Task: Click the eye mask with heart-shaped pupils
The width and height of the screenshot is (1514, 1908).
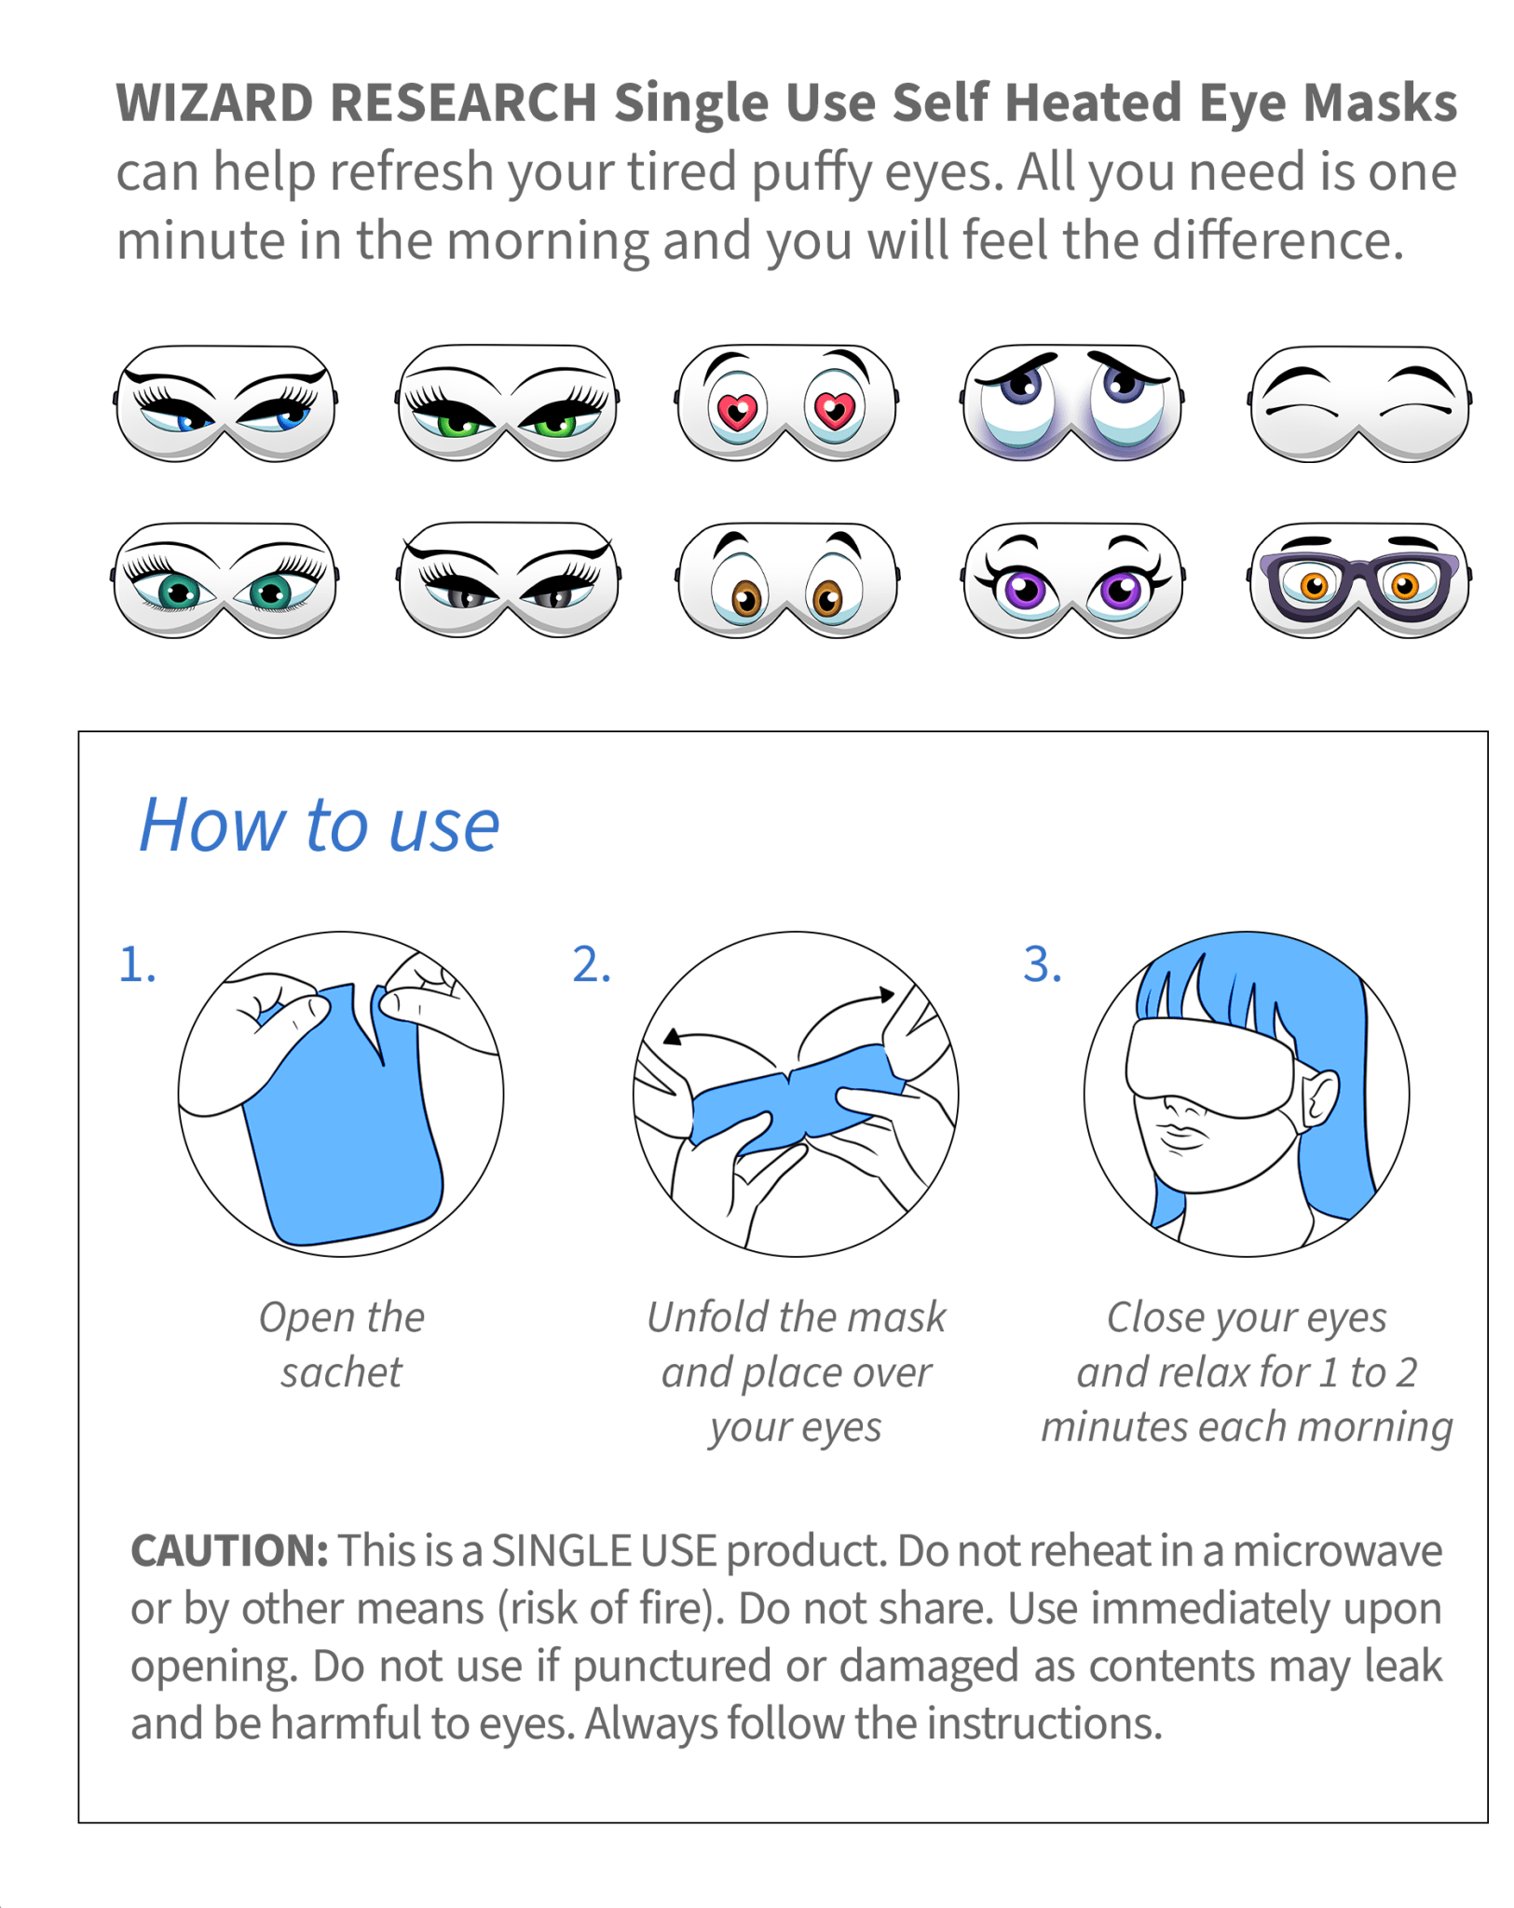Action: [785, 402]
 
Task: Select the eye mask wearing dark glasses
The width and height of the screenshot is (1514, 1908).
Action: [1357, 579]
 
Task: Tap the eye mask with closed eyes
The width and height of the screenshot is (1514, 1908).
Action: [1357, 402]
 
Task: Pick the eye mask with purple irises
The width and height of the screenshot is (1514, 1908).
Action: [1071, 579]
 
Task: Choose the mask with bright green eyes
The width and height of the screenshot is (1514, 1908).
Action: [506, 402]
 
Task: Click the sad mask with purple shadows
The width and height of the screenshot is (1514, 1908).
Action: [1071, 402]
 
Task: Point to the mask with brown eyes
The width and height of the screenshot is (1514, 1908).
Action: [785, 579]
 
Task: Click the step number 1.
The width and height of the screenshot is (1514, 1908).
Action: [136, 964]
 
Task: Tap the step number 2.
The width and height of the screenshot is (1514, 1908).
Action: [591, 964]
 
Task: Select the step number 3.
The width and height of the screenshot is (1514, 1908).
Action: [1042, 964]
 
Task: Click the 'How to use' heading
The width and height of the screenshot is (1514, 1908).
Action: [319, 825]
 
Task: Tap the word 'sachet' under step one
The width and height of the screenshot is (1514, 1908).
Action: [341, 1372]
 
